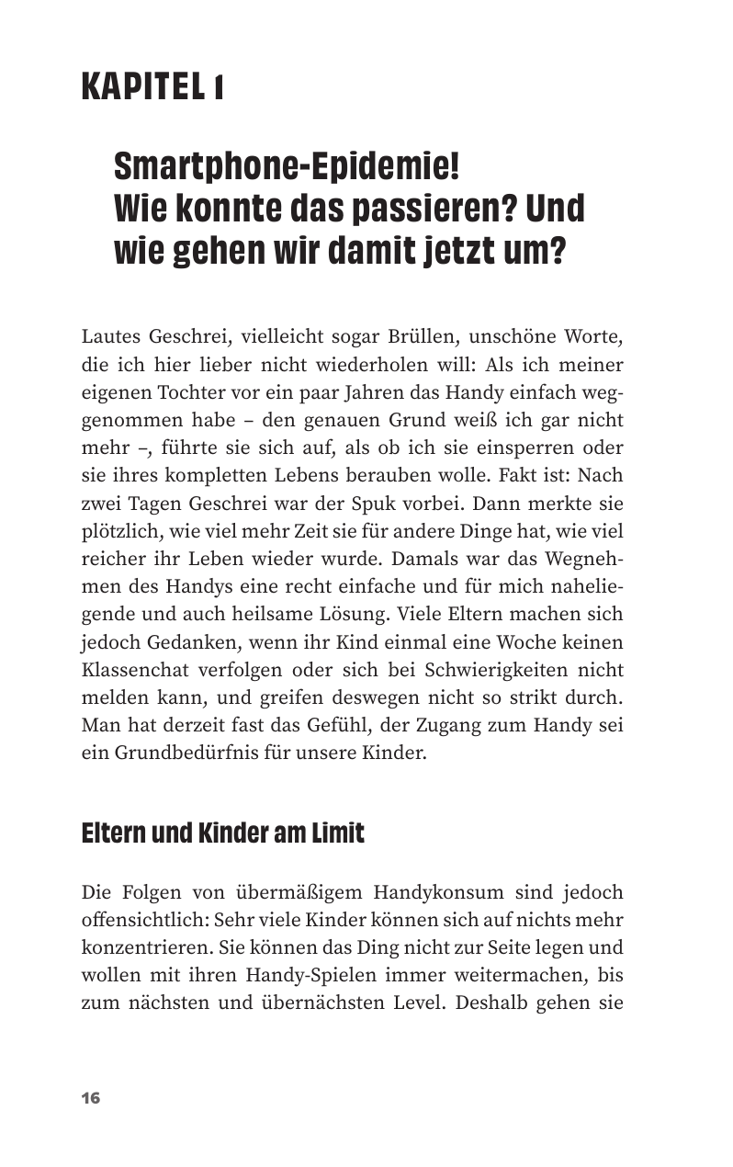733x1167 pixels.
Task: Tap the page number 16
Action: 90,1098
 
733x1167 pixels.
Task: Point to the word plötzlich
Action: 118,531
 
